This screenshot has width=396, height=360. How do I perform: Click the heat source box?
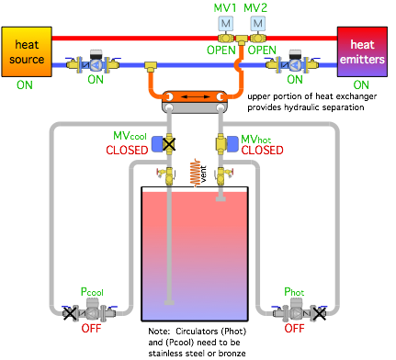pyautogui.click(x=27, y=51)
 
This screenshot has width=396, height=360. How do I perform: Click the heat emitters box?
pyautogui.click(x=362, y=51)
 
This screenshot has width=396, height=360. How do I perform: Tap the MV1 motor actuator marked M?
pyautogui.click(x=226, y=24)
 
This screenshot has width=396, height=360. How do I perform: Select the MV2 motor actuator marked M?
pyautogui.click(x=258, y=24)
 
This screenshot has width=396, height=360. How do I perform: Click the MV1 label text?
pyautogui.click(x=225, y=8)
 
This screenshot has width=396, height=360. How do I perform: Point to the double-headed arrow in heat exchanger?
pyautogui.click(x=195, y=97)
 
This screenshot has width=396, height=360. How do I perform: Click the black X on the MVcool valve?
pyautogui.click(x=169, y=144)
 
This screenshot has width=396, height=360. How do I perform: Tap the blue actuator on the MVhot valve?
pyautogui.click(x=232, y=144)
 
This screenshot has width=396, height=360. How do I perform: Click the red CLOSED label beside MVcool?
pyautogui.click(x=127, y=151)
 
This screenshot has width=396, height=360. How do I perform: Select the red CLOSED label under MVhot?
pyautogui.click(x=262, y=151)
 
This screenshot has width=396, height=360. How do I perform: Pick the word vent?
pyautogui.click(x=203, y=174)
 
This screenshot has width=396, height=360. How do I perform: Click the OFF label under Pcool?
pyautogui.click(x=91, y=329)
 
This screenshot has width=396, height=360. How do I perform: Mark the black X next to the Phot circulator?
pyautogui.click(x=319, y=313)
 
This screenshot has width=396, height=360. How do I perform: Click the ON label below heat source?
pyautogui.click(x=25, y=84)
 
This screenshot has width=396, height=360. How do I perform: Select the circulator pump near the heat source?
pyautogui.click(x=96, y=62)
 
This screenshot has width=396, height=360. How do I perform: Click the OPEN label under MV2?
pyautogui.click(x=262, y=50)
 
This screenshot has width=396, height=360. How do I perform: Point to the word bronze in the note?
pyautogui.click(x=232, y=354)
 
